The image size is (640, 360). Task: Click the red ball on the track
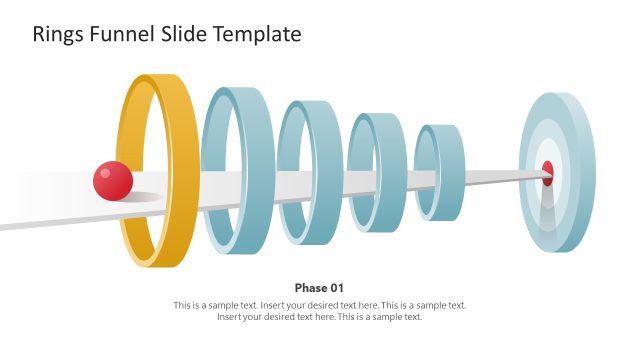113,181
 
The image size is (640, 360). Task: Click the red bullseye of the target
547,172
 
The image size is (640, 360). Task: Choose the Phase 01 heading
319,287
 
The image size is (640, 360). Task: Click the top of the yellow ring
160,78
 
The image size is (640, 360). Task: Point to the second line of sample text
319,317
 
